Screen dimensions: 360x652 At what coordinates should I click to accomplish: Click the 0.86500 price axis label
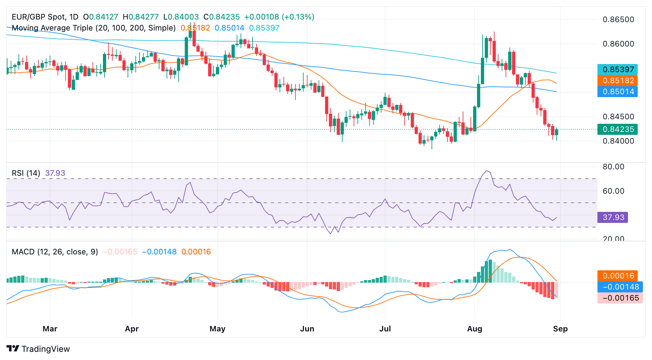pos(618,19)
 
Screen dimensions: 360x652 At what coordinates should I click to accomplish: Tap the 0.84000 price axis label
pos(618,141)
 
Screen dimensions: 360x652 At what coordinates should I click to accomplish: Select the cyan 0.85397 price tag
pos(618,70)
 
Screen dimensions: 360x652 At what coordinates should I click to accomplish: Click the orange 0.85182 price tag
pos(618,81)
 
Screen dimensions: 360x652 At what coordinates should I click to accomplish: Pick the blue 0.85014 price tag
pos(618,92)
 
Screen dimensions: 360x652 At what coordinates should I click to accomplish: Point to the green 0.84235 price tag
pos(618,129)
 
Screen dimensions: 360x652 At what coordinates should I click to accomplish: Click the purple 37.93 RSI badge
pos(613,217)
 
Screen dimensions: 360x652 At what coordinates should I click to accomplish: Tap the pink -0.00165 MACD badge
pos(620,298)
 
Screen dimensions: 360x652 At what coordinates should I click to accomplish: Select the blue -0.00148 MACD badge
pos(620,287)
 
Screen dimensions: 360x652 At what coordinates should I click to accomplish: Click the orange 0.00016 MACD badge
pos(618,276)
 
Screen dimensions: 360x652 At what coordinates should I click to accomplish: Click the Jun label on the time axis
pos(307,329)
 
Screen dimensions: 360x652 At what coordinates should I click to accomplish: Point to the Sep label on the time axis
pos(560,329)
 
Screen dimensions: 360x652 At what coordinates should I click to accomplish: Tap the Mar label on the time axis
pos(50,329)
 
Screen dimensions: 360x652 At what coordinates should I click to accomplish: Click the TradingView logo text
pos(45,349)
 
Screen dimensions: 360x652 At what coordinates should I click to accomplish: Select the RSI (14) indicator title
pos(26,173)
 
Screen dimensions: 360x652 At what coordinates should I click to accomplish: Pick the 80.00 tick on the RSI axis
pos(613,167)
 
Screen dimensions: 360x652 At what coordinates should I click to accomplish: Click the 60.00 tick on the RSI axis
pos(613,191)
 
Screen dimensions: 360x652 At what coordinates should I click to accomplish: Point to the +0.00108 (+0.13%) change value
pos(279,17)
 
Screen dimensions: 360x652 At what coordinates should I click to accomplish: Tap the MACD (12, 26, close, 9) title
pos(55,252)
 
